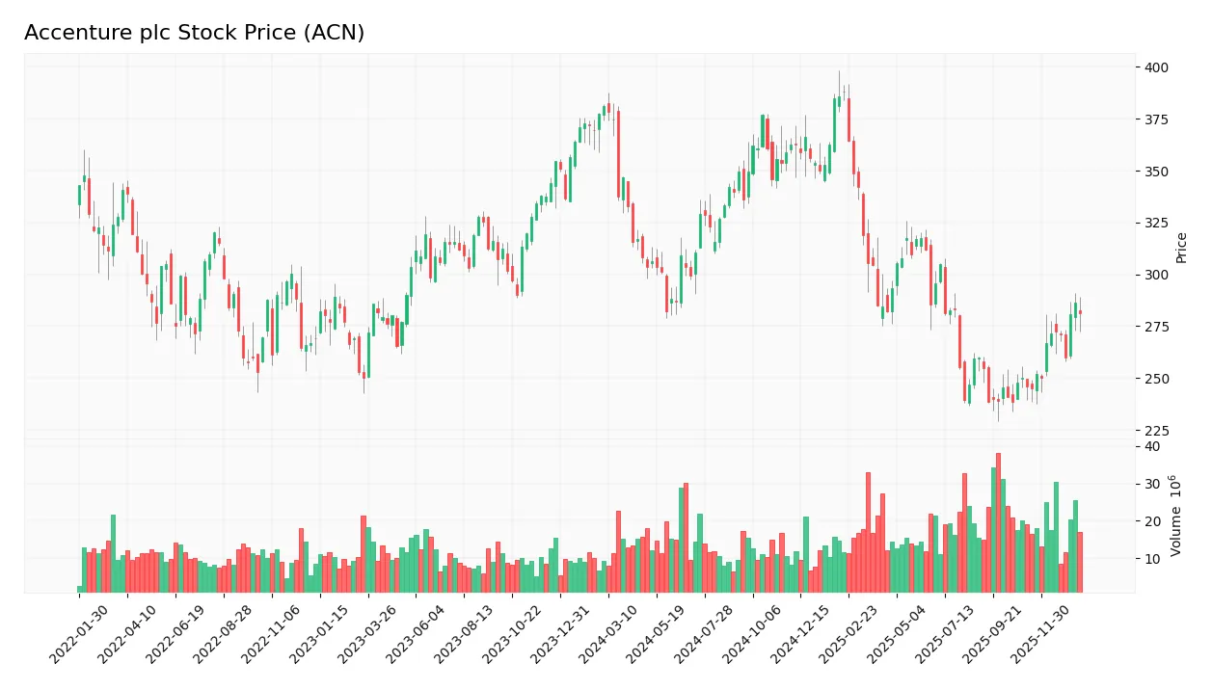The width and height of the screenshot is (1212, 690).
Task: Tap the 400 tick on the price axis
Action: point(1157,67)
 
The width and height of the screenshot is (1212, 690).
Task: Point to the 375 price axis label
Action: point(1157,119)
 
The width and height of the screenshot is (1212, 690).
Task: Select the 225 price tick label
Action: point(1157,431)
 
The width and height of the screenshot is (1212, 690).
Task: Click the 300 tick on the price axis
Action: point(1157,276)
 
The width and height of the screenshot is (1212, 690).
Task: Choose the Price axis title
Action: point(1181,248)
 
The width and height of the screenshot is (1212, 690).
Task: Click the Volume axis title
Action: point(1176,516)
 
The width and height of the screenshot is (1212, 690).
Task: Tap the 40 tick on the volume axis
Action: point(1152,447)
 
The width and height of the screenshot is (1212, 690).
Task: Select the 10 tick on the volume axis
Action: point(1152,559)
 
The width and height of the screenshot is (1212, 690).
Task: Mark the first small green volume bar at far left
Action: point(80,589)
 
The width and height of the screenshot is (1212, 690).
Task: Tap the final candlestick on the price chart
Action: point(1080,312)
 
